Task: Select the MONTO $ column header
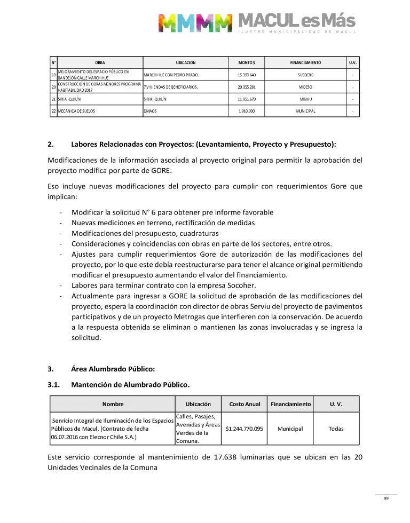[247, 62]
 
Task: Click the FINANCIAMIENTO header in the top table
[306, 62]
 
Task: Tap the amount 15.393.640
[247, 75]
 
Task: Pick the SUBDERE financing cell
[306, 75]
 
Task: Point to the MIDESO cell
[306, 86]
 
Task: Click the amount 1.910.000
[247, 111]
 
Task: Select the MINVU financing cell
[306, 99]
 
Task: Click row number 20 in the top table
[53, 86]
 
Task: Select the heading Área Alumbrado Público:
[113, 368]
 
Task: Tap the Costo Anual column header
[245, 404]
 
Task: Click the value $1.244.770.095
[245, 429]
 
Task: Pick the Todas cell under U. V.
[336, 429]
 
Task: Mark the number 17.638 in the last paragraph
[261, 457]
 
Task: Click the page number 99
[385, 498]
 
